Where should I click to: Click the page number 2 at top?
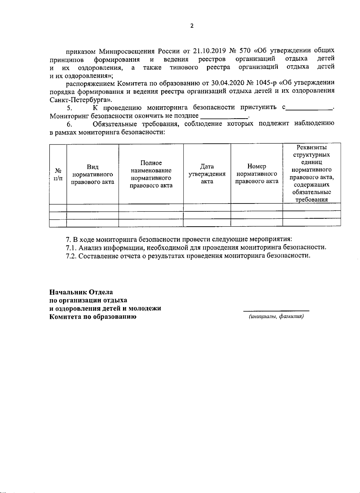192,26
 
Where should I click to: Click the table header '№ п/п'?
58,174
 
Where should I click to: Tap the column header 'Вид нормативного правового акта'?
93,174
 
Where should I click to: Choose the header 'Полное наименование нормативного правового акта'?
151,174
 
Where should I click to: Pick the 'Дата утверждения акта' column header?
207,174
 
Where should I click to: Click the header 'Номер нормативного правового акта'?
256,174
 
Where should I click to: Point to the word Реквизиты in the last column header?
311,147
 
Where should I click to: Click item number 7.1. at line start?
71,248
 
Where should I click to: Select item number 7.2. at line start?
71,256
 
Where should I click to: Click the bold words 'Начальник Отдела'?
81,292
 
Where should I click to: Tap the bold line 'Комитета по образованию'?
93,317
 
